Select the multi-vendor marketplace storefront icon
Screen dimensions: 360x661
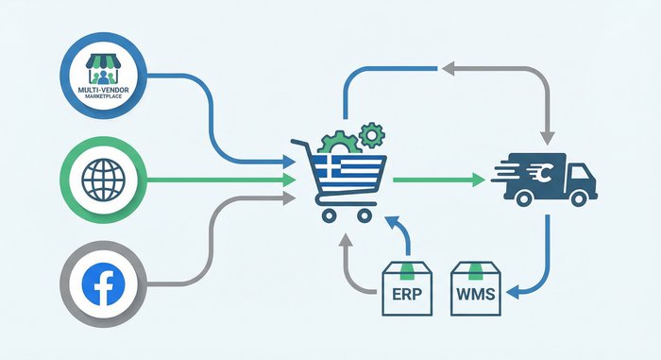(x=106, y=65)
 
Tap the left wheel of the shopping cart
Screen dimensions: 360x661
(x=329, y=214)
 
